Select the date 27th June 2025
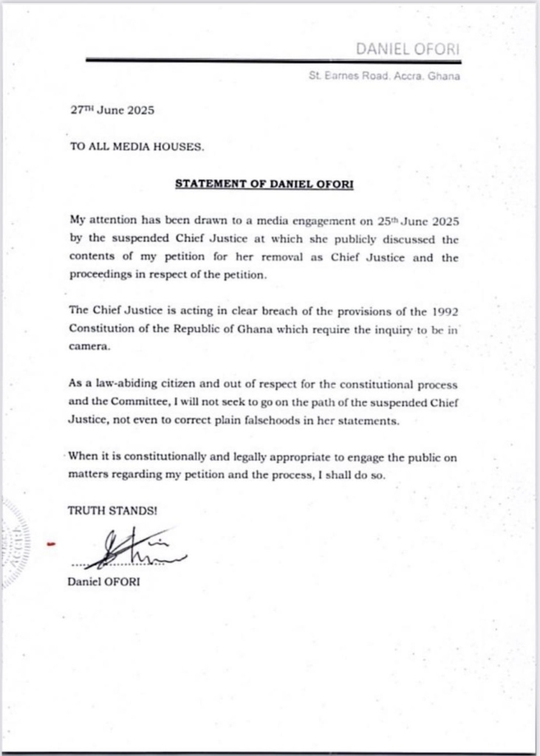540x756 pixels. click(x=112, y=111)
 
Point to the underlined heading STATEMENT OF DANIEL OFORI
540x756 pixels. click(x=264, y=182)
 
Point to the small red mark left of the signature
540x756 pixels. click(x=51, y=546)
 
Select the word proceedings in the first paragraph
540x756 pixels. click(x=105, y=274)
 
